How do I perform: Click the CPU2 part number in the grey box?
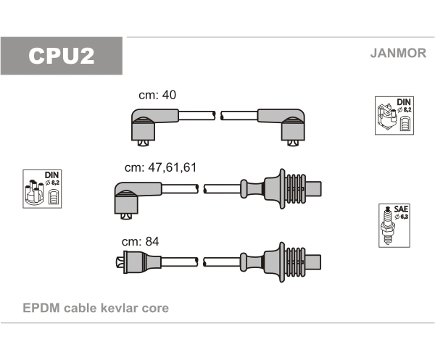(62, 56)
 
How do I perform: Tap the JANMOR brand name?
(398, 53)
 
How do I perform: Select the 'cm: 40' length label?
(157, 95)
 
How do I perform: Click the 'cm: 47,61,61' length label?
(161, 167)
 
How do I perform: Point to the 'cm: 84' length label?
(141, 241)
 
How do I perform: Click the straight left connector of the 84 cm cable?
(138, 262)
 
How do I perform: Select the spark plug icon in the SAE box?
(388, 225)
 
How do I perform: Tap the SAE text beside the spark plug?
(401, 209)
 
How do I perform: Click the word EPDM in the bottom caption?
(41, 308)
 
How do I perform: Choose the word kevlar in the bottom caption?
(120, 308)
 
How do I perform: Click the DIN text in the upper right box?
(403, 101)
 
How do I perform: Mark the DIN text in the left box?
(52, 175)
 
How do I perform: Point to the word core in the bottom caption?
(155, 309)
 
